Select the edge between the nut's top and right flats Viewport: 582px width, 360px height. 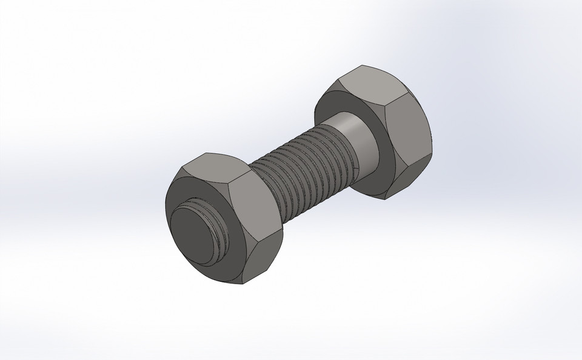tap(241, 181)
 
